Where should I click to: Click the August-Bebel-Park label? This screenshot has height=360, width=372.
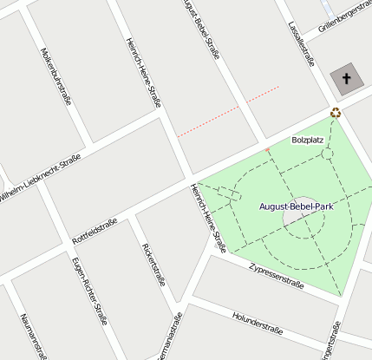[297, 206]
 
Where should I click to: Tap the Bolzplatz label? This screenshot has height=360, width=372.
[308, 140]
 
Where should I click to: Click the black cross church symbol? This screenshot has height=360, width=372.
[347, 80]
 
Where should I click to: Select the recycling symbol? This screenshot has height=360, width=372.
[336, 112]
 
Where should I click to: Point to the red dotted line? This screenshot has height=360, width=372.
[228, 111]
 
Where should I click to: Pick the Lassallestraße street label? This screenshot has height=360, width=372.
[300, 44]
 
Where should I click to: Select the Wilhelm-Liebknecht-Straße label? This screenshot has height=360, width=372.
[40, 180]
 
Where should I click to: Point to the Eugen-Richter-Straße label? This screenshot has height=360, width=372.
[89, 290]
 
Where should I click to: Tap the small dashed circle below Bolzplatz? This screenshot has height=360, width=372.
[328, 154]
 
